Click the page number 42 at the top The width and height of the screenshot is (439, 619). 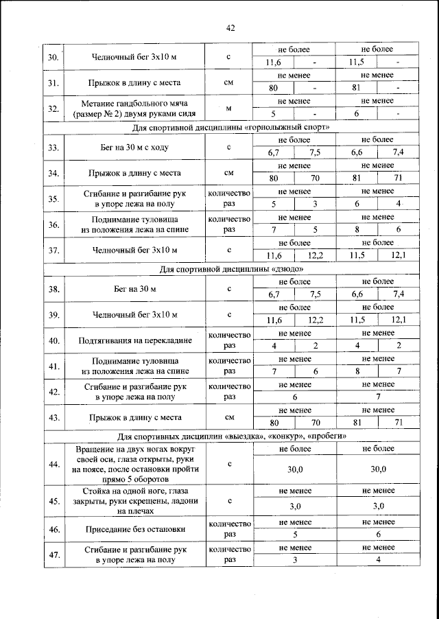230,27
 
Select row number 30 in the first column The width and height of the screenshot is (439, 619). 54,56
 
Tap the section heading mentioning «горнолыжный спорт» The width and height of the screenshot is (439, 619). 230,128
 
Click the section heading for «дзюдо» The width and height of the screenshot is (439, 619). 230,268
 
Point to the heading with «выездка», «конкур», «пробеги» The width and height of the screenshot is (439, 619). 230,436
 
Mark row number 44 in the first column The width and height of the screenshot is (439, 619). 54,465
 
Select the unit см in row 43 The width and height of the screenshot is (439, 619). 230,417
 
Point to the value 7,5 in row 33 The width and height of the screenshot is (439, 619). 316,153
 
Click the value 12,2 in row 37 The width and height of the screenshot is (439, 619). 316,255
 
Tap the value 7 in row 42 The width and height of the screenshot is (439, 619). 377,397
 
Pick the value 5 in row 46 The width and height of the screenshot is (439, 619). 294,535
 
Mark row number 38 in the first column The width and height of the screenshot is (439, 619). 54,289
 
